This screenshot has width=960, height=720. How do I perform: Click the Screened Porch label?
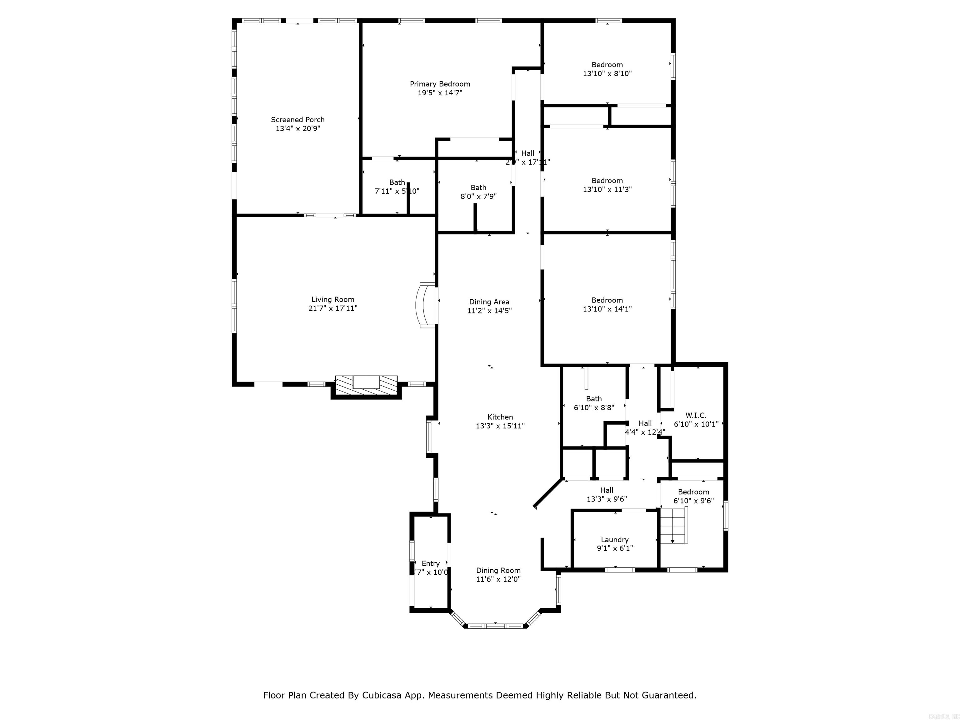pyautogui.click(x=298, y=120)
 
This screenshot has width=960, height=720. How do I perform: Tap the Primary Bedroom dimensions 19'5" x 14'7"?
pyautogui.click(x=440, y=93)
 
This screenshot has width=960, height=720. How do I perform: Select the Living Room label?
pyautogui.click(x=333, y=299)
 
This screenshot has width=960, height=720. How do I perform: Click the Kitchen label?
pyautogui.click(x=500, y=417)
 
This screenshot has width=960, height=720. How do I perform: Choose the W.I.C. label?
pyautogui.click(x=696, y=415)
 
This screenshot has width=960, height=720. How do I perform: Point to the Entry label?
pyautogui.click(x=431, y=563)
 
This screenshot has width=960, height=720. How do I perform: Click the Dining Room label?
pyautogui.click(x=498, y=570)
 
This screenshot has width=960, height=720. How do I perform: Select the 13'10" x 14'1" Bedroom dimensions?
pyautogui.click(x=607, y=309)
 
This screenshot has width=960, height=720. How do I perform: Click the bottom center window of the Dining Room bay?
pyautogui.click(x=495, y=626)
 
